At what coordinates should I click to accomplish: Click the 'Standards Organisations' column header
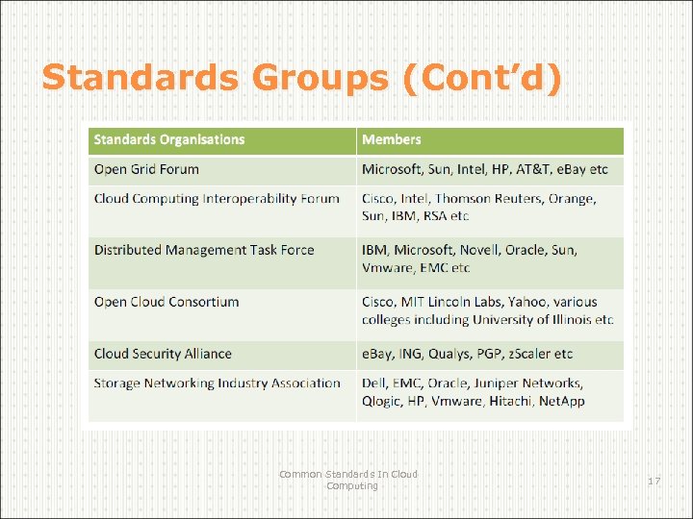point(169,140)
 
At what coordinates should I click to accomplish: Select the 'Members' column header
point(391,140)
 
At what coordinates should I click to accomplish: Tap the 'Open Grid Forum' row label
point(146,170)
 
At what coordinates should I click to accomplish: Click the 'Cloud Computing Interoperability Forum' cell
point(217,199)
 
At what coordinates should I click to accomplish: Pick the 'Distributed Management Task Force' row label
point(204,250)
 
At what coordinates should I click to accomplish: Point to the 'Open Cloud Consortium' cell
point(167,302)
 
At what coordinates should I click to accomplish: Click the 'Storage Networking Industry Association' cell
point(218,383)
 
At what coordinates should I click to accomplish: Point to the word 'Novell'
point(472,250)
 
